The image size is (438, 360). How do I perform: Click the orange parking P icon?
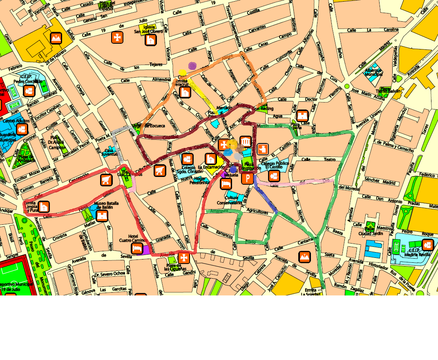(x=247, y=179)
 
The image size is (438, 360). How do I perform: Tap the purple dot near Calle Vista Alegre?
(x=192, y=65)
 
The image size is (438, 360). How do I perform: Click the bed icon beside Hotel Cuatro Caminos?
(x=137, y=248)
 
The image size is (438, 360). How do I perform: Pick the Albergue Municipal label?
(x=373, y=72)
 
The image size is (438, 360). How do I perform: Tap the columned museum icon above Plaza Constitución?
(x=245, y=142)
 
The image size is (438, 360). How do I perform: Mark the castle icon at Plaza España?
(x=302, y=116)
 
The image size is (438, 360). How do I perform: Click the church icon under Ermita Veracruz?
(x=185, y=92)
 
